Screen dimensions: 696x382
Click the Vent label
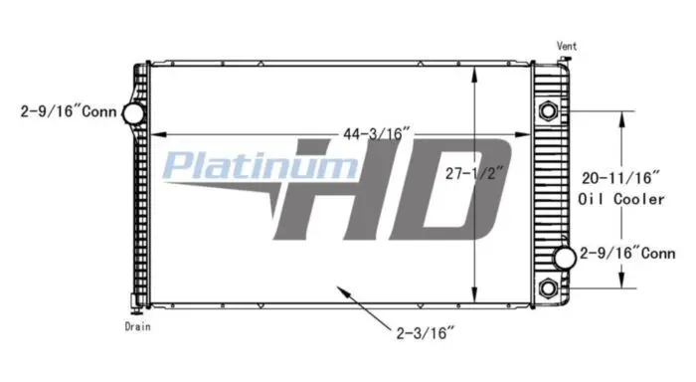tap(567, 46)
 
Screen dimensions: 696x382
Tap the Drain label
tap(137, 326)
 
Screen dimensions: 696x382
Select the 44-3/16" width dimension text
tap(377, 133)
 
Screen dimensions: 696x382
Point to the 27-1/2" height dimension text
tap(475, 173)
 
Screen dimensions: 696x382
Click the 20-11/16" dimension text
tap(620, 178)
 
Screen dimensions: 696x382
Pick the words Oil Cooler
tap(621, 199)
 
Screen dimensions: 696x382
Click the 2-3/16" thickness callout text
tap(426, 332)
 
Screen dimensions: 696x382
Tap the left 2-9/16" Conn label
tap(69, 111)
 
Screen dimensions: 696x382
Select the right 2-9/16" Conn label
tap(627, 254)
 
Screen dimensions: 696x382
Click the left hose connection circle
tap(133, 113)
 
